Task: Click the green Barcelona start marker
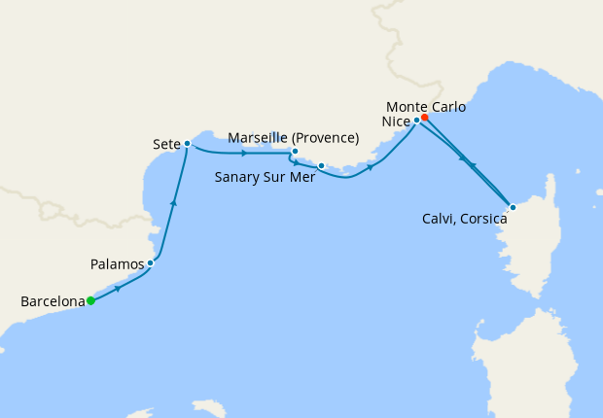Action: point(90,301)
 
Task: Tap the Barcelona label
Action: point(53,302)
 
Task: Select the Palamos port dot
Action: point(150,263)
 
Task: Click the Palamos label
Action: point(117,263)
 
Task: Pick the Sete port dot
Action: point(187,144)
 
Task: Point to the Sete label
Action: point(166,144)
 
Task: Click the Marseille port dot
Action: point(294,152)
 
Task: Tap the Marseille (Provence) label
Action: point(293,138)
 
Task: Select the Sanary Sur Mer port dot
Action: point(321,166)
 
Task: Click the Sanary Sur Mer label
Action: point(263,178)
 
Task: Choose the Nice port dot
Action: point(416,121)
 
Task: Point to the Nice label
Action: point(395,122)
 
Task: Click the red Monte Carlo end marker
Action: point(425,118)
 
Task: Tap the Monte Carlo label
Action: point(425,105)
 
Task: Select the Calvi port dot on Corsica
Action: point(513,206)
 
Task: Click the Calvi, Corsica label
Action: point(466,220)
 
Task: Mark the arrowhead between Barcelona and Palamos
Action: point(119,289)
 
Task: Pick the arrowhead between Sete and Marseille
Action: point(243,154)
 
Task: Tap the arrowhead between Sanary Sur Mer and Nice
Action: point(371,167)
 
